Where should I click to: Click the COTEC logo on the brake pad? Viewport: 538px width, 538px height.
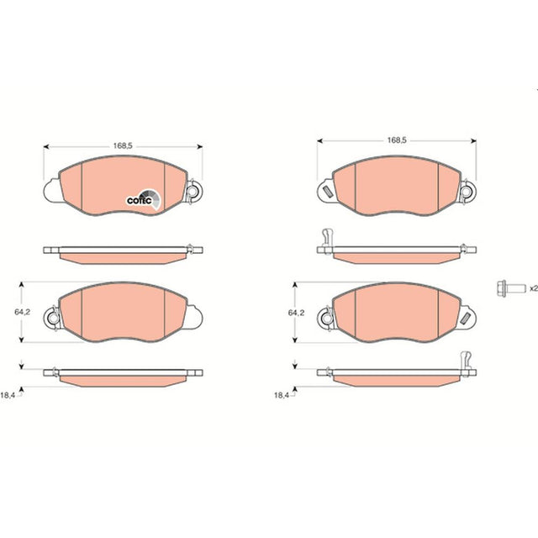pyautogui.click(x=144, y=199)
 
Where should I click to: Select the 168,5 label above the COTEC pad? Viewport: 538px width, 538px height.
pyautogui.click(x=123, y=145)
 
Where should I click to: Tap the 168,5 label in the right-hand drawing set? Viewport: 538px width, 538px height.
pyautogui.click(x=397, y=140)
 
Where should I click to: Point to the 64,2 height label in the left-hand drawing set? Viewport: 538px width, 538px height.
pyautogui.click(x=22, y=312)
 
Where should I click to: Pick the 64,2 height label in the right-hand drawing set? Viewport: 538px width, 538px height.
pyautogui.click(x=296, y=313)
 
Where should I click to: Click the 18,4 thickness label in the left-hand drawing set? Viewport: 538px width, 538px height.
pyautogui.click(x=8, y=395)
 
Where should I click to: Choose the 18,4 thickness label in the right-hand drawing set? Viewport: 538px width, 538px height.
pyautogui.click(x=282, y=395)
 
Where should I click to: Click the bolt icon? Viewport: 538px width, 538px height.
pyautogui.click(x=511, y=287)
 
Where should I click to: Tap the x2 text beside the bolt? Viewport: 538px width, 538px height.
pyautogui.click(x=534, y=288)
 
